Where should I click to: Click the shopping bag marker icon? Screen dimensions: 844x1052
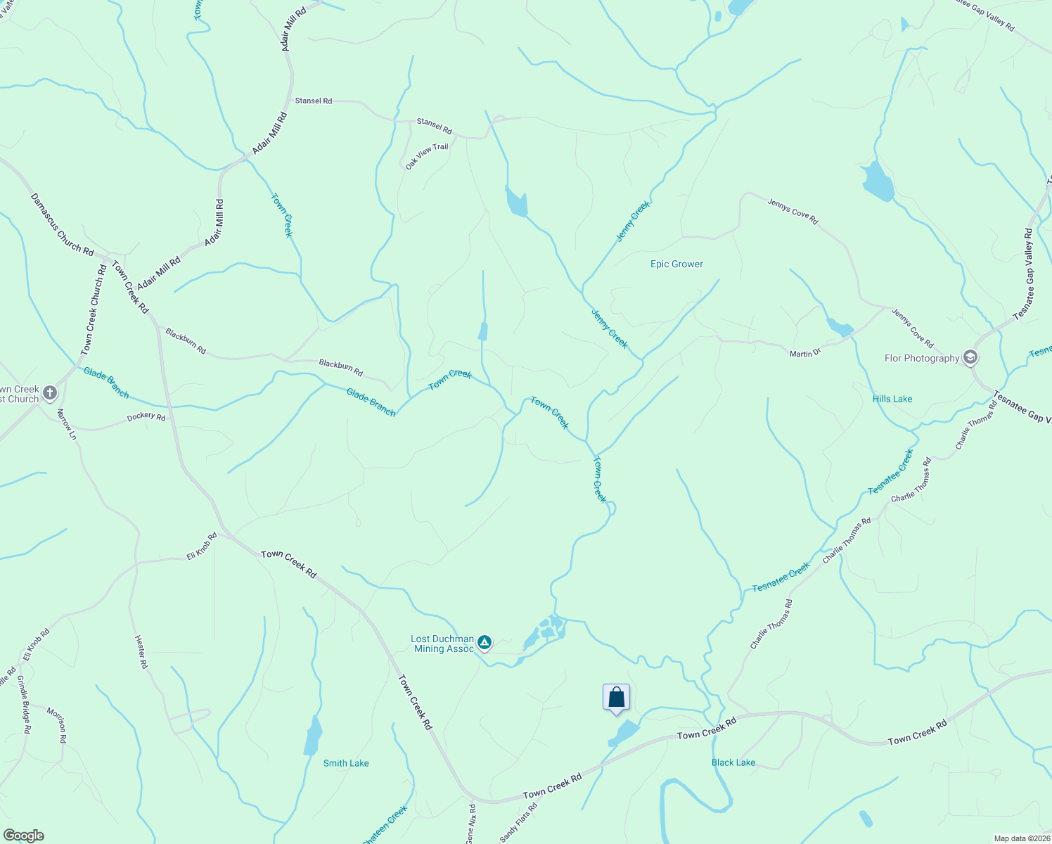[x=616, y=698]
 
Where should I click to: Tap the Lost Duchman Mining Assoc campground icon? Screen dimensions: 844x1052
[x=484, y=642]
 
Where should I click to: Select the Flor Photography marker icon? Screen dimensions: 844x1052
[x=970, y=358]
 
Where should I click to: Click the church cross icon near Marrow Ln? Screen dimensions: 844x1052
[x=49, y=392]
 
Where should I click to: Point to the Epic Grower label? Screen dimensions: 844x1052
[x=676, y=264]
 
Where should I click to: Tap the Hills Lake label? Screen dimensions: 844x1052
[x=892, y=399]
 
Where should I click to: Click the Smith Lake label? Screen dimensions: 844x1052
[x=346, y=763]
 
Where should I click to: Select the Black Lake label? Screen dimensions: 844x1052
[x=733, y=762]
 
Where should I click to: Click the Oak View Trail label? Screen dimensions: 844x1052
[x=427, y=156]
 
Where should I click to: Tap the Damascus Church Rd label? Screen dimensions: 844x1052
[x=62, y=225]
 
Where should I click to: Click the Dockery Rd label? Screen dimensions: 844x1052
[x=146, y=416]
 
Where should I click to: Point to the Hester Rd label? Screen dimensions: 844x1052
[x=141, y=651]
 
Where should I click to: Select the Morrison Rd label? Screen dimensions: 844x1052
[x=57, y=724]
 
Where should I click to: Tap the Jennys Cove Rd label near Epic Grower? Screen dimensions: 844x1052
[x=793, y=212]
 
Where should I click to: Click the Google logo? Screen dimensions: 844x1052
[x=23, y=836]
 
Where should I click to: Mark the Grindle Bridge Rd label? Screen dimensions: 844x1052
[x=24, y=704]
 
